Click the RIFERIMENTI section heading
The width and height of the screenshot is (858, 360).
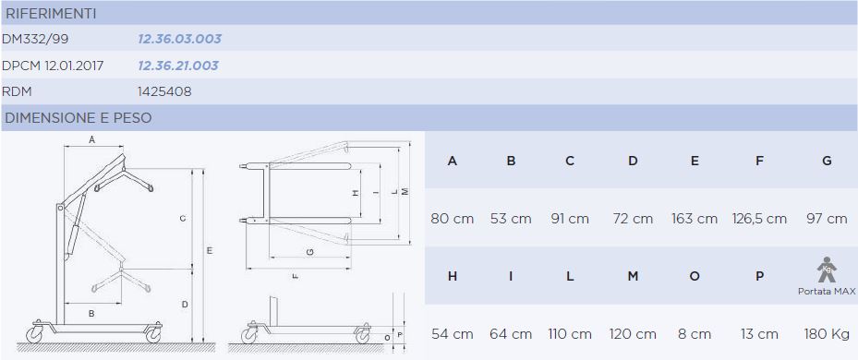tap(51, 14)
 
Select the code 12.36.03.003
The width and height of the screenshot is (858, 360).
tap(179, 39)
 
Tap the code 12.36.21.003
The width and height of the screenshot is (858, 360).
tap(178, 66)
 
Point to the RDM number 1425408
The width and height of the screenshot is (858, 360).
tap(164, 92)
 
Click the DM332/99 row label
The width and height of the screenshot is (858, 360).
tap(36, 39)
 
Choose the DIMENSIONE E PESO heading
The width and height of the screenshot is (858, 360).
tap(79, 117)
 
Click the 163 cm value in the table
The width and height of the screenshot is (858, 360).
tap(695, 219)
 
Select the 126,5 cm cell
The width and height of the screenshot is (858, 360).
tap(759, 219)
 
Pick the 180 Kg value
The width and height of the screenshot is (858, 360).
tap(827, 334)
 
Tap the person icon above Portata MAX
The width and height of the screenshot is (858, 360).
tap(827, 270)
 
